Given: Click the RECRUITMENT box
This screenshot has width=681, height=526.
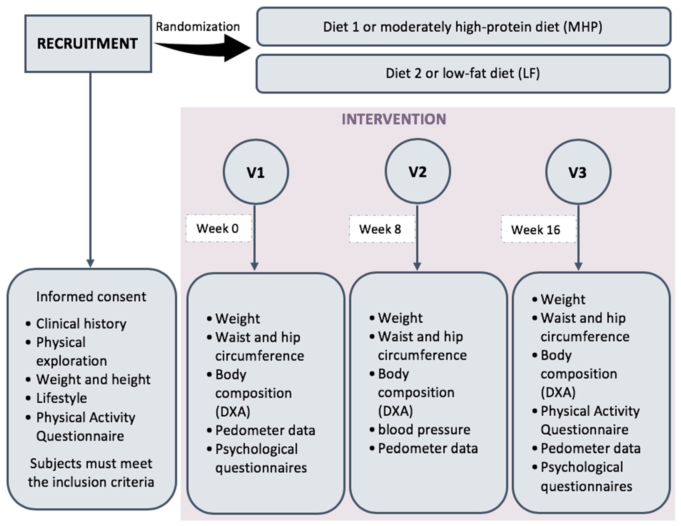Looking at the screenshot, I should [x=88, y=44].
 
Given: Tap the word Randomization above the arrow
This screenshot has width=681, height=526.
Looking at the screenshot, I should [x=198, y=27].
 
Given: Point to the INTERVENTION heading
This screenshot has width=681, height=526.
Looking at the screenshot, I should [x=394, y=119].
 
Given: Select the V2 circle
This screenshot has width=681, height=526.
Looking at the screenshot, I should [x=417, y=172].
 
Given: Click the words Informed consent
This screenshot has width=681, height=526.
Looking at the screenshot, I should [x=91, y=297].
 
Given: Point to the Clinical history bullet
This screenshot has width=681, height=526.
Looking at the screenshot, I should [x=81, y=324].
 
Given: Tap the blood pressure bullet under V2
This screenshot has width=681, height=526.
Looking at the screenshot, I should [x=424, y=430].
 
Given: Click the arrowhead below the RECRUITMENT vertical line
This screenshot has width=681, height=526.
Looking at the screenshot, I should [x=90, y=263].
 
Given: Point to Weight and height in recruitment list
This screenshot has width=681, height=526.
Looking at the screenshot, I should [x=93, y=380].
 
